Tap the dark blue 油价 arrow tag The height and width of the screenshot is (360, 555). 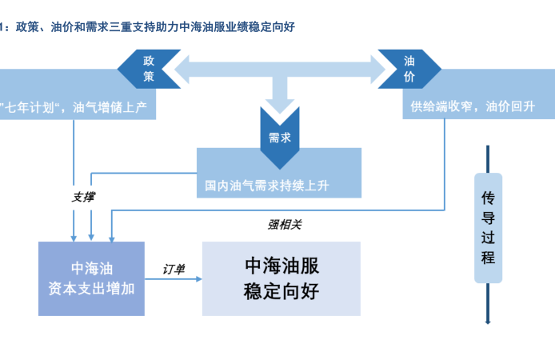(x=409, y=68)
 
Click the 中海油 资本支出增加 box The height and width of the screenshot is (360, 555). (x=91, y=278)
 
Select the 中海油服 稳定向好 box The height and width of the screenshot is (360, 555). (x=281, y=278)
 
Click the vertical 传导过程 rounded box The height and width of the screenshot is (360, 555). (x=488, y=227)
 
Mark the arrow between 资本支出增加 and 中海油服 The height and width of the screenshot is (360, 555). (x=174, y=280)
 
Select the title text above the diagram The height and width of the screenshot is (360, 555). (x=152, y=26)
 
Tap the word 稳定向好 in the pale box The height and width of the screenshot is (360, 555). (x=281, y=290)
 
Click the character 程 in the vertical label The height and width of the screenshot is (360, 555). (x=488, y=258)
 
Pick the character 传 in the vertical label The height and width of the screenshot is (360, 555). (x=488, y=197)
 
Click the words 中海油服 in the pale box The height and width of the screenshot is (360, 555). (x=281, y=265)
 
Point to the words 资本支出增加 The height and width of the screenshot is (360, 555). (x=91, y=288)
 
